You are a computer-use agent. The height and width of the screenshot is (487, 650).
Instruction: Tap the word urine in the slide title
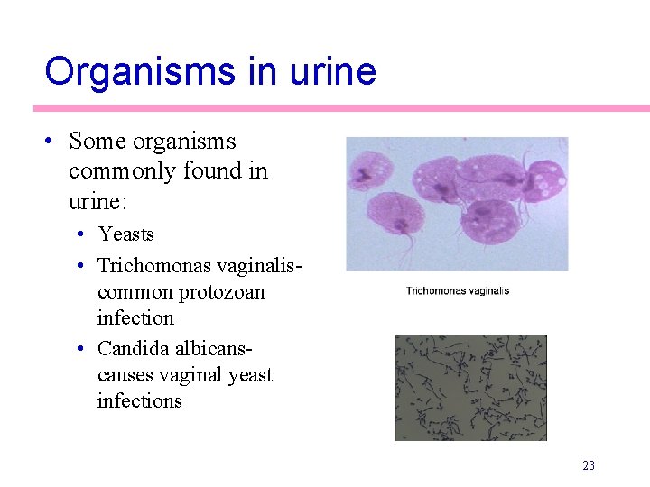tap(332, 71)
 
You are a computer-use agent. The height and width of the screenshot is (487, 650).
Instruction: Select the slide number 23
tap(589, 466)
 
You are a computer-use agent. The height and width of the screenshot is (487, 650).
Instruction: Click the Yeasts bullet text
tap(126, 234)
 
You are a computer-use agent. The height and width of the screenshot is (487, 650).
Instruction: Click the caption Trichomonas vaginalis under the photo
tap(457, 291)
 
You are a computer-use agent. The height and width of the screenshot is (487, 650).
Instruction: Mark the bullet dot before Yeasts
tap(81, 234)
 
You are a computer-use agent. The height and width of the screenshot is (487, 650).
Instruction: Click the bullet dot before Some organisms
tap(51, 142)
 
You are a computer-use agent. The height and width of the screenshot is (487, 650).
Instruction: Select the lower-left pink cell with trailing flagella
tap(395, 214)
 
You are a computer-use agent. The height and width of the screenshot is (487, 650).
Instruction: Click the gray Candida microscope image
tap(470, 388)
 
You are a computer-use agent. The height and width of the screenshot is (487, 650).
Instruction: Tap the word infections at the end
tap(139, 401)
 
